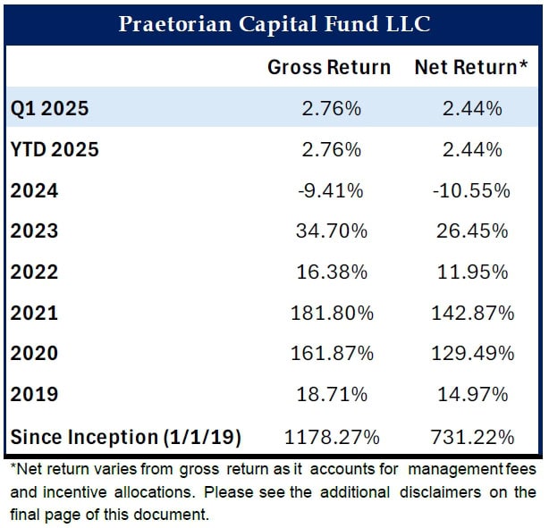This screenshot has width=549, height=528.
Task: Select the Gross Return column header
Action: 329,67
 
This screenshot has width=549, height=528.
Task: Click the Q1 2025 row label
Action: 49,108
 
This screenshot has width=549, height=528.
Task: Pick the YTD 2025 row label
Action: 55,149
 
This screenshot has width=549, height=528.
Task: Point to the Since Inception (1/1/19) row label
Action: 126,437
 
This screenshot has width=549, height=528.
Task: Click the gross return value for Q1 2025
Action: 330,108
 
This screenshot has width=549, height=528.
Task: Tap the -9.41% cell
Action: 330,190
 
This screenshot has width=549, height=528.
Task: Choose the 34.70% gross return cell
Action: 330,231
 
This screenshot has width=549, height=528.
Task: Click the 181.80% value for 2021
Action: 330,314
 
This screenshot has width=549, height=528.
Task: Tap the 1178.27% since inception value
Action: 330,437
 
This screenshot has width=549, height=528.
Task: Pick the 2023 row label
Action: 34,231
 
